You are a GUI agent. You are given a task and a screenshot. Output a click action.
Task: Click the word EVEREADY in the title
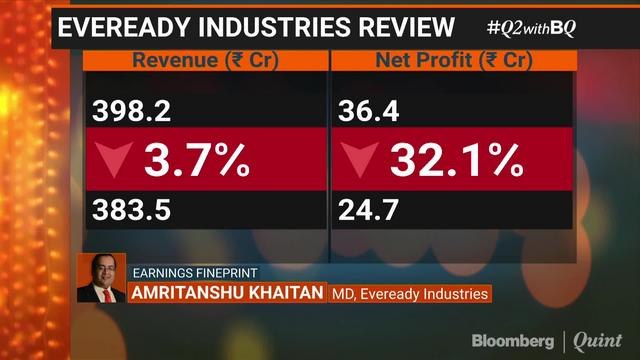pos(121,27)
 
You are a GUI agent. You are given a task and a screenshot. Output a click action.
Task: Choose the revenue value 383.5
pos(127,209)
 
